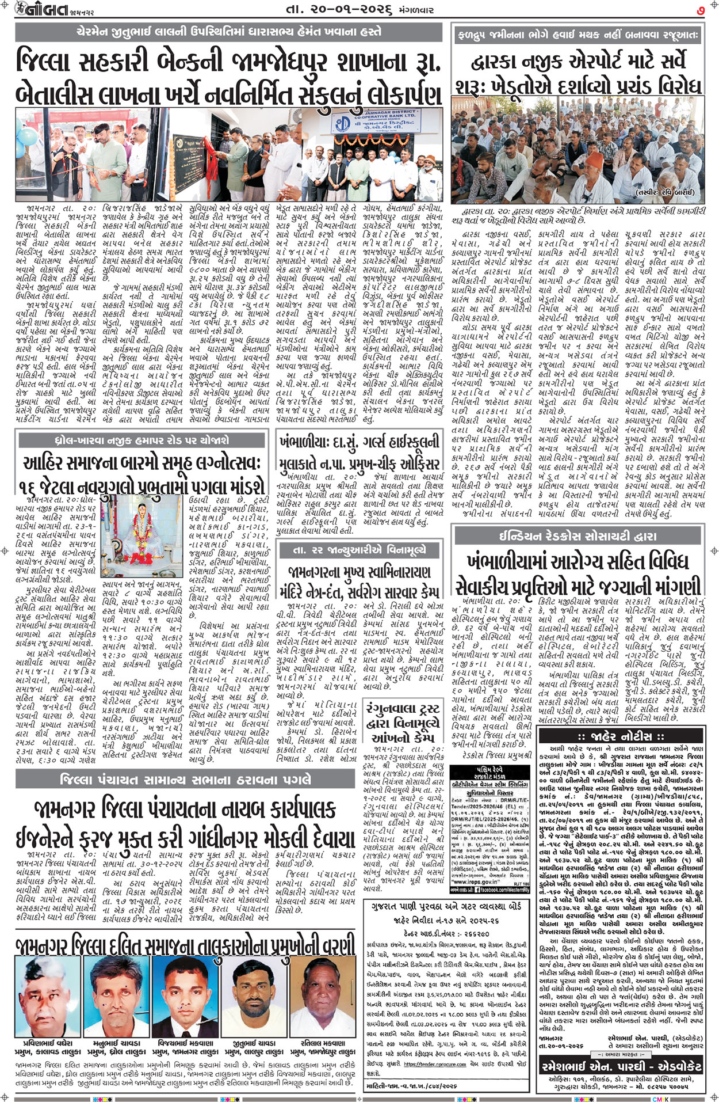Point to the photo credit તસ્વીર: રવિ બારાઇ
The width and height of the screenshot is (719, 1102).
click(x=666, y=192)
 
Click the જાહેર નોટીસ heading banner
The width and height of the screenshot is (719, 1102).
click(x=621, y=736)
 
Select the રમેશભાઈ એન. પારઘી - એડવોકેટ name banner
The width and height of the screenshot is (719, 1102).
click(x=621, y=1066)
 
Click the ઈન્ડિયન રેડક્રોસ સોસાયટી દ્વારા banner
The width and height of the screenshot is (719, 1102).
click(x=578, y=535)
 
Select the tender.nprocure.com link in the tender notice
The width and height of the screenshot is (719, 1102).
click(x=434, y=1065)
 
